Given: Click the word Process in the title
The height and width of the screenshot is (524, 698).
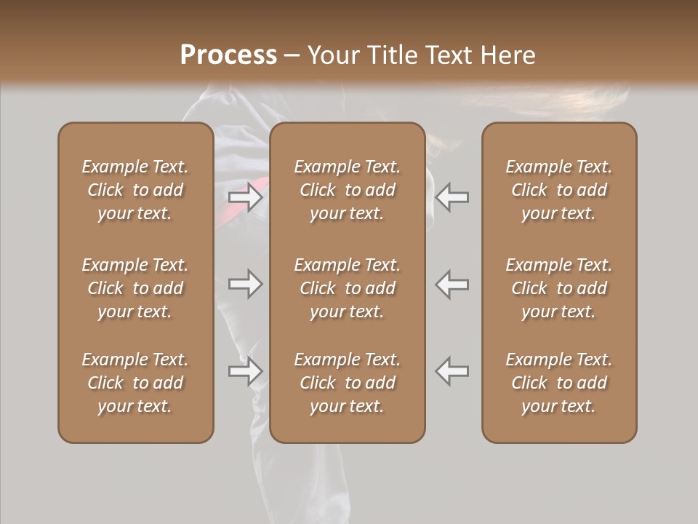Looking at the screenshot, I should (x=228, y=55).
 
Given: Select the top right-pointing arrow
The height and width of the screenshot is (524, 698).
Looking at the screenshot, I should (x=246, y=196).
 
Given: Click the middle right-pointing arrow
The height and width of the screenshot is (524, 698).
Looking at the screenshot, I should (x=246, y=284).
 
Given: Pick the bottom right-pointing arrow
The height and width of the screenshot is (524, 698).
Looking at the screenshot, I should (x=246, y=371).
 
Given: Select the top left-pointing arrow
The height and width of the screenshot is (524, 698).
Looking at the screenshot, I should (x=452, y=196).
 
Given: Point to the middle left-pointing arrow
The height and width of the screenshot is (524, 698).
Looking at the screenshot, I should (x=452, y=284).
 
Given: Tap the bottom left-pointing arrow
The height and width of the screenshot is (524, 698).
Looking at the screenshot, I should (x=452, y=371).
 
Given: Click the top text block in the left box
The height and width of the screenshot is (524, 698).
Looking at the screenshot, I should (x=135, y=190).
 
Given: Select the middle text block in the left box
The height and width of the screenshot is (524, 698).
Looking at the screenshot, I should (x=135, y=288).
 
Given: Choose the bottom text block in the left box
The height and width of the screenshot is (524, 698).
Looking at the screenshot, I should (x=135, y=383).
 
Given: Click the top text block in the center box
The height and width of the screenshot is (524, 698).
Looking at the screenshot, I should (x=348, y=190).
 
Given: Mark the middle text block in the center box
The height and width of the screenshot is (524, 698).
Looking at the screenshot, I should (x=348, y=288).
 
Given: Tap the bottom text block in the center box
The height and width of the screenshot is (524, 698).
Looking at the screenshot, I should (x=348, y=383).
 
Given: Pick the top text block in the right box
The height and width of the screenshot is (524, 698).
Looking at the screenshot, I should (x=559, y=190).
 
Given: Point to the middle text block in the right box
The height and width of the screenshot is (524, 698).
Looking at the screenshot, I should (x=559, y=288).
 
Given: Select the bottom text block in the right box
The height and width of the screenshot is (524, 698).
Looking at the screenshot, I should (x=559, y=383).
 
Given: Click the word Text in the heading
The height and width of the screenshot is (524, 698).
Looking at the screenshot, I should (x=453, y=55).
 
